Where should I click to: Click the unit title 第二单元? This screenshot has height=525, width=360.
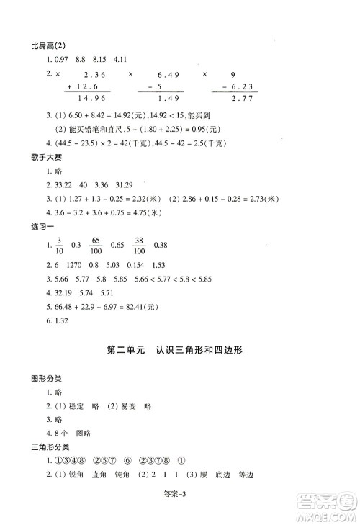[125, 351]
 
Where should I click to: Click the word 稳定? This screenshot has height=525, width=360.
[75, 406]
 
